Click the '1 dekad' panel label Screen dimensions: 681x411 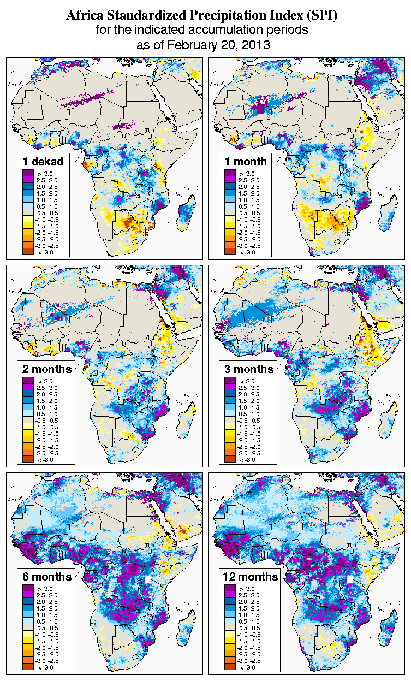(x=43, y=162)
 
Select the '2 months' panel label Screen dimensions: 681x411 (x=46, y=369)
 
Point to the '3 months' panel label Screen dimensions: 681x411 (x=249, y=369)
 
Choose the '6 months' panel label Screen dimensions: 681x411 (x=46, y=577)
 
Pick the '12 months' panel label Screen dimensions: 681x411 (x=251, y=577)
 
